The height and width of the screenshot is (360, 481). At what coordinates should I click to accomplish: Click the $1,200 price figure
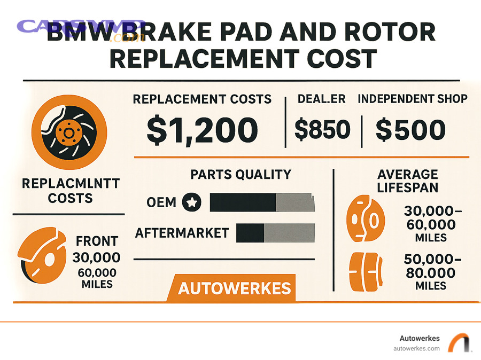coord(202,130)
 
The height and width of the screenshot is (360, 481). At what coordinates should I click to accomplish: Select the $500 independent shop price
coord(410,130)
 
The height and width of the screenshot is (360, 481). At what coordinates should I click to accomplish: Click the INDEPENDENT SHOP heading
coord(412,99)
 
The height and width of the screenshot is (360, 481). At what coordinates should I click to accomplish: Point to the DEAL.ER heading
coord(322,99)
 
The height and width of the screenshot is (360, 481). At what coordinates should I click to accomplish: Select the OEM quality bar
coord(262,202)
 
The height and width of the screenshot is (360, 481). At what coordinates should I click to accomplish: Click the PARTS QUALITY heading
coord(241,174)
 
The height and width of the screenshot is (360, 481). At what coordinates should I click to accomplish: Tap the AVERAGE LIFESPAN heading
coord(408,181)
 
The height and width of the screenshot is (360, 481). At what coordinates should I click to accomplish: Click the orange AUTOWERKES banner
coord(234,288)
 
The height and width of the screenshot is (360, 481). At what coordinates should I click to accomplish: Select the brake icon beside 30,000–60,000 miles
coord(366,219)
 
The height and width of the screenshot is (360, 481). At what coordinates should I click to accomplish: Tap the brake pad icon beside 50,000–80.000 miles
coord(367,272)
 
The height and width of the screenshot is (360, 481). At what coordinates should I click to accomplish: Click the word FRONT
coord(97,241)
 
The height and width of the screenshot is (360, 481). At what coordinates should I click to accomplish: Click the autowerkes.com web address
coord(416,348)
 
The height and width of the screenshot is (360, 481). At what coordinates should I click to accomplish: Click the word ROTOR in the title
coord(390,33)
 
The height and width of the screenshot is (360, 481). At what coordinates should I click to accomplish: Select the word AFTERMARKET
coord(182,233)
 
